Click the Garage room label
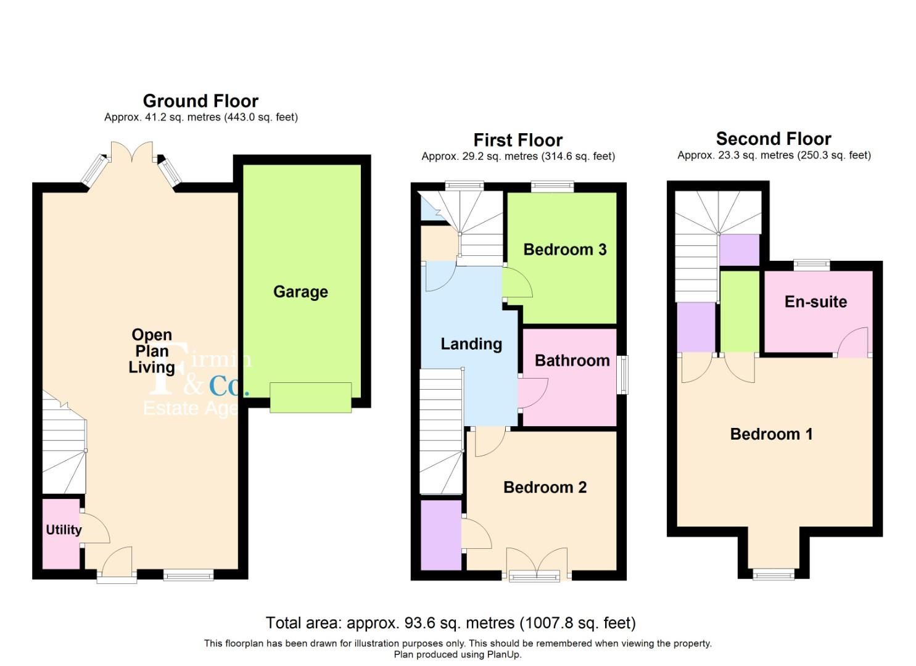coord(300,292)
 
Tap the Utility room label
coord(64,530)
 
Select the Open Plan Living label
coord(152,351)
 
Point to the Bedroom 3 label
coord(564,250)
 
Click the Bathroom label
coord(572,361)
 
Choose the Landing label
coord(471,344)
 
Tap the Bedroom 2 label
coord(545,487)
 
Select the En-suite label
coord(815,302)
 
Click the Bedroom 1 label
coord(771,434)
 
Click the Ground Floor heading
coord(200,101)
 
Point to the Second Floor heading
coord(774,139)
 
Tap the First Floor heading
coord(518,140)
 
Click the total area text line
coord(450,623)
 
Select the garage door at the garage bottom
coord(310,397)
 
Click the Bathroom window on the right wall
coord(624,374)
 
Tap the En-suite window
coord(811,265)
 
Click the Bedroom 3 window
coord(552,186)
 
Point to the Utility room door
coord(94,528)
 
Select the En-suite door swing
coord(853,343)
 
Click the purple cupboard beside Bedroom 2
coord(440,535)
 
